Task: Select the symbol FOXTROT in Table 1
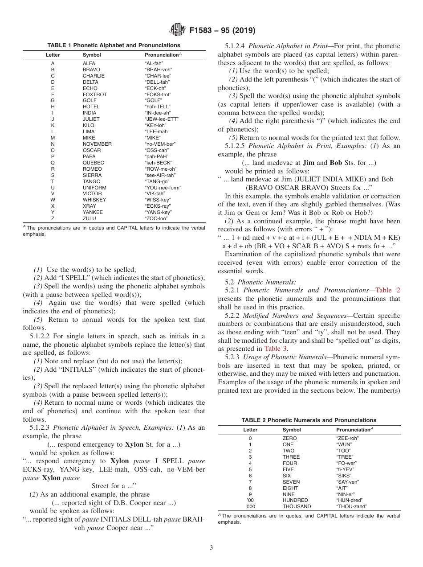pos(94,94)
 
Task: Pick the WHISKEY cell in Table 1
pos(94,200)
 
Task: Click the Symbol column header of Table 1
pos(92,55)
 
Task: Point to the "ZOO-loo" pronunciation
pos(157,218)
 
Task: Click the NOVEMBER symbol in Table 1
pos(97,144)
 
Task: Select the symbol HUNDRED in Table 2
pos(295,500)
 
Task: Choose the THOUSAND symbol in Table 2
pos(297,506)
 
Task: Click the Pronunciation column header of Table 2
pos(354,430)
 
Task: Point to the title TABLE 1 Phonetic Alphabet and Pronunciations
pos(114,45)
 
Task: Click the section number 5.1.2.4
pos(236,46)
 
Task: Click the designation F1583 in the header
pos(204,31)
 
